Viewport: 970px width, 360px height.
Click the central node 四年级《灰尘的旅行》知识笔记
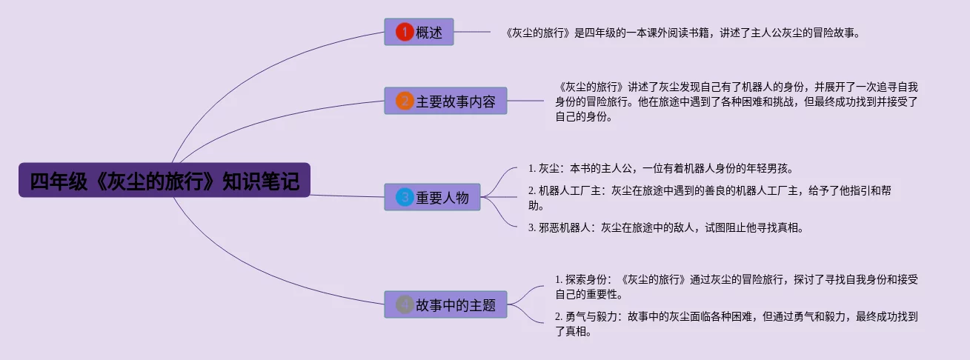[164, 180]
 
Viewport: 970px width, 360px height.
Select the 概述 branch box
[419, 32]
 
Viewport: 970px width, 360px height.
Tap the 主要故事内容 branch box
[445, 101]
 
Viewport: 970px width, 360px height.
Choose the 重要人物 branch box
[432, 197]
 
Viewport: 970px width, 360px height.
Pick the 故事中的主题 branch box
[445, 304]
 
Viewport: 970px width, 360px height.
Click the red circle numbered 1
[405, 32]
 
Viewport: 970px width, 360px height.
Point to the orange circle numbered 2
[405, 101]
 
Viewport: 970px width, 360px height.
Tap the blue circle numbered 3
[405, 197]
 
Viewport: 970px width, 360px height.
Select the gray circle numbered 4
[405, 304]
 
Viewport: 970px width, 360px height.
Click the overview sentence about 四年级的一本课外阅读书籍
[682, 33]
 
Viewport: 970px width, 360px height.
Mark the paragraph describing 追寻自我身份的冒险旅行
[736, 101]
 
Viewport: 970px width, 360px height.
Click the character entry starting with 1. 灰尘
[660, 168]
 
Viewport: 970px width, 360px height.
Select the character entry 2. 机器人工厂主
[709, 198]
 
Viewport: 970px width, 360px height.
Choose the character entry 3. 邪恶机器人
[665, 227]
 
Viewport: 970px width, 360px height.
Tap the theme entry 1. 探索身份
[736, 287]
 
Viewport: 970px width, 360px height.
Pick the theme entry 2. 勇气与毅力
[736, 324]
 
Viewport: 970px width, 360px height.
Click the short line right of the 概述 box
[472, 32]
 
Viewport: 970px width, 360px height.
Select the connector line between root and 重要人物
[348, 196]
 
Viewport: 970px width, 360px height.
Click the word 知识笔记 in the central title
[261, 181]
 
